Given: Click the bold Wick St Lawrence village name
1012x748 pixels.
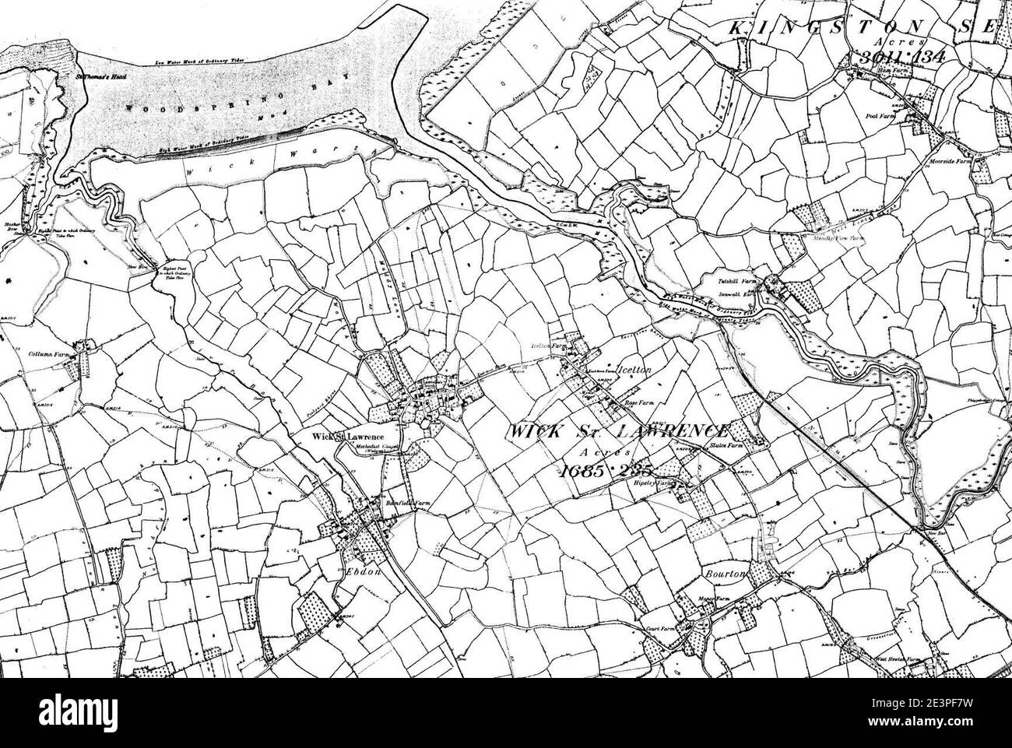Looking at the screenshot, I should [344, 436].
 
